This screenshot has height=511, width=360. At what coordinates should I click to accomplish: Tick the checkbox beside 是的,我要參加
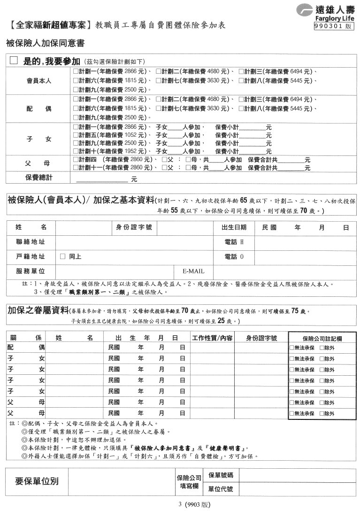tap(13, 61)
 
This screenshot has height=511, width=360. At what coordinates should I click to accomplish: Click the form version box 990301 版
tap(334, 27)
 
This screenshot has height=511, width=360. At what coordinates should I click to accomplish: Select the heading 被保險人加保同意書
tap(45, 44)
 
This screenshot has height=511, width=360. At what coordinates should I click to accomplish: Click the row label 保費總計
tap(38, 178)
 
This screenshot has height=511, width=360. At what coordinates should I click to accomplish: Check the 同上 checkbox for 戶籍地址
tap(62, 257)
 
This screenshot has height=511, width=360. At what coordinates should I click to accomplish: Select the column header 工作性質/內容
tap(213, 338)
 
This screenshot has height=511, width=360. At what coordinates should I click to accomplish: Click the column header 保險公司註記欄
tap(322, 338)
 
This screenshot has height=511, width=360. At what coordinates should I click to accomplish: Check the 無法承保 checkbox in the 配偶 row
tap(292, 348)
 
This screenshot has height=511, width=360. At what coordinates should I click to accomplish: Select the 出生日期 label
tap(234, 227)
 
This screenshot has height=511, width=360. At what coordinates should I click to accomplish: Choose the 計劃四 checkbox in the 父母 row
tap(76, 160)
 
